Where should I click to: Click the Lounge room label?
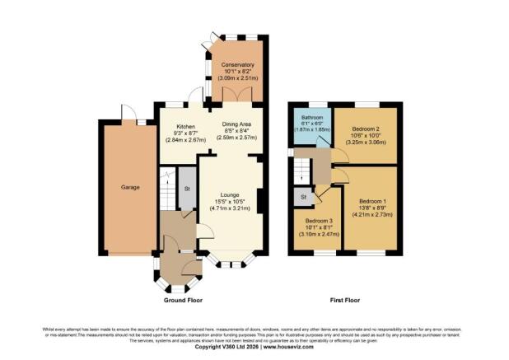[230, 195]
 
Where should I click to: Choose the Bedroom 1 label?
[372, 202]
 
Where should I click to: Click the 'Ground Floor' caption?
[184, 301]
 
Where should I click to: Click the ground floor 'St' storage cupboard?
[187, 189]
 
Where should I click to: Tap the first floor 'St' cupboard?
[303, 197]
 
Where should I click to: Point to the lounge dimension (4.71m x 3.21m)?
[231, 209]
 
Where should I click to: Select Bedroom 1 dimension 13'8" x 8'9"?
[372, 209]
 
